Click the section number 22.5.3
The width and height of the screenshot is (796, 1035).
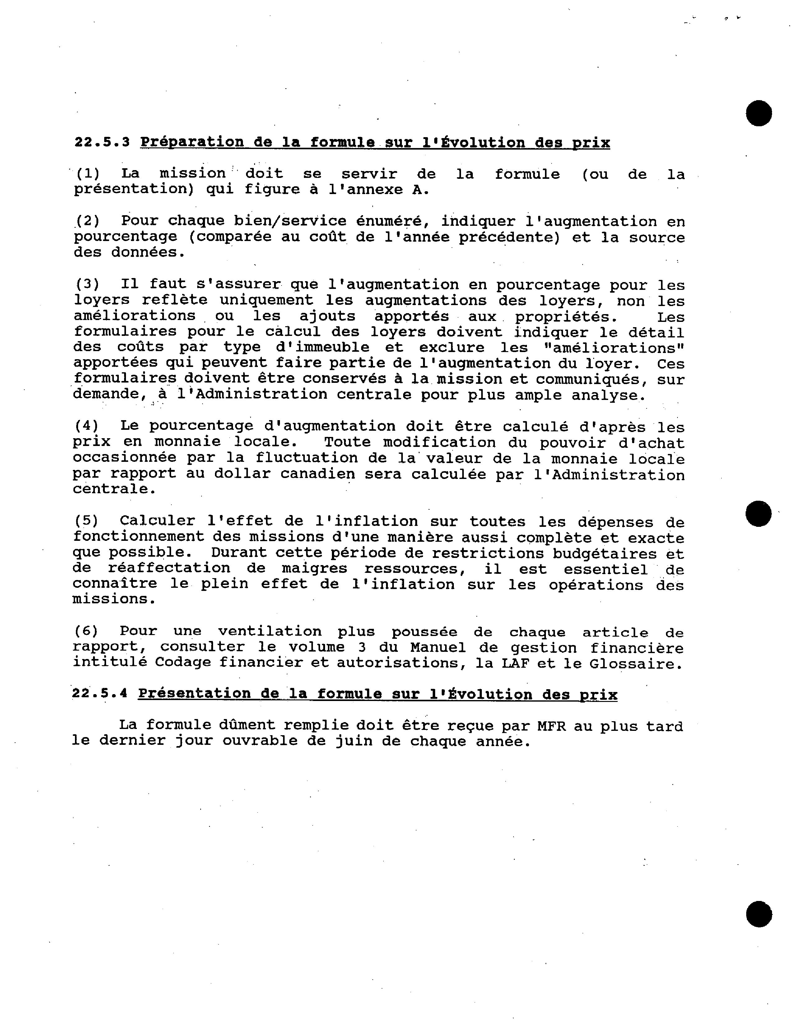point(102,142)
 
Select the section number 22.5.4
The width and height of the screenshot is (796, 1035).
point(100,694)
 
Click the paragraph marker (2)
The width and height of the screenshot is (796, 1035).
point(88,221)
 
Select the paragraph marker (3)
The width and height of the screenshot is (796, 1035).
point(88,284)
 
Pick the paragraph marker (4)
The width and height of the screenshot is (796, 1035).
point(87,426)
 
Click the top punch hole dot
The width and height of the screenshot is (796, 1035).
point(759,113)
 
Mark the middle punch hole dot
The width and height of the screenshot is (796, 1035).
point(758,513)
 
